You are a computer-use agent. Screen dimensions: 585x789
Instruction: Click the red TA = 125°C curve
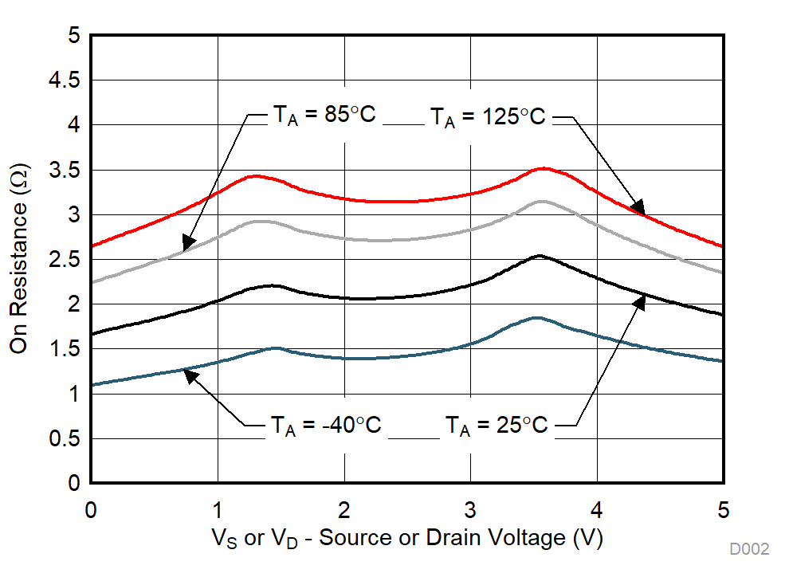point(383,201)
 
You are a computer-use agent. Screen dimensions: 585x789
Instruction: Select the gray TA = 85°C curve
point(383,239)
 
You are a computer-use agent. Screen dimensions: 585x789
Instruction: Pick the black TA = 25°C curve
point(383,297)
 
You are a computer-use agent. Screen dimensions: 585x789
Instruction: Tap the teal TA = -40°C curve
point(383,358)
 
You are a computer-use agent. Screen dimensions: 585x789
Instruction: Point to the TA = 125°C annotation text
point(488,117)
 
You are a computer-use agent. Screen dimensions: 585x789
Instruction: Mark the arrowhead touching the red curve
point(638,210)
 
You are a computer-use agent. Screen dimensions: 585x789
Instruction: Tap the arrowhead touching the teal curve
point(190,375)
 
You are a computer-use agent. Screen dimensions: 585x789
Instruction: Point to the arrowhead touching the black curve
point(639,300)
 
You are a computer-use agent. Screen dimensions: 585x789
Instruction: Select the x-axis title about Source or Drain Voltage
point(406,539)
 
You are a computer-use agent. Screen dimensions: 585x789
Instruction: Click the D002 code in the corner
point(749,549)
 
